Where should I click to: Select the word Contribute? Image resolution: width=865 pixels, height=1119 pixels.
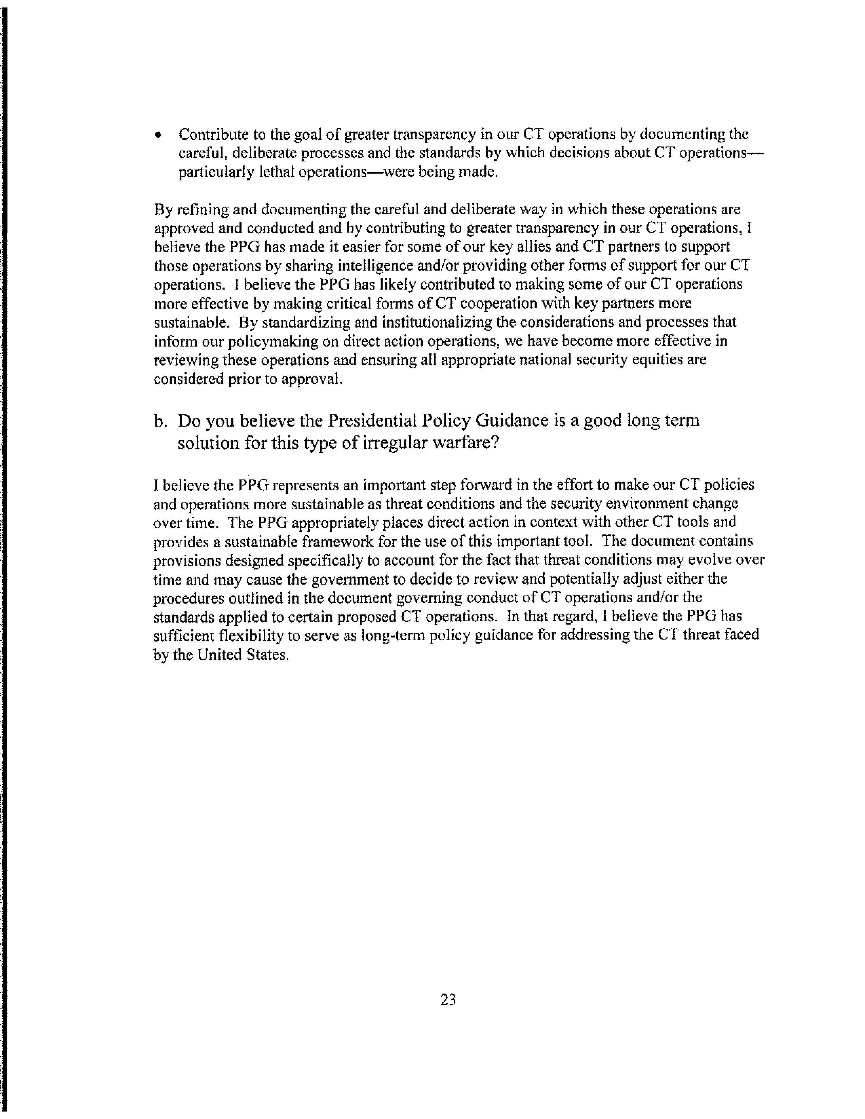[213, 134]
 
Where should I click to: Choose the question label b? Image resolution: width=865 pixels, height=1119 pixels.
[160, 421]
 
